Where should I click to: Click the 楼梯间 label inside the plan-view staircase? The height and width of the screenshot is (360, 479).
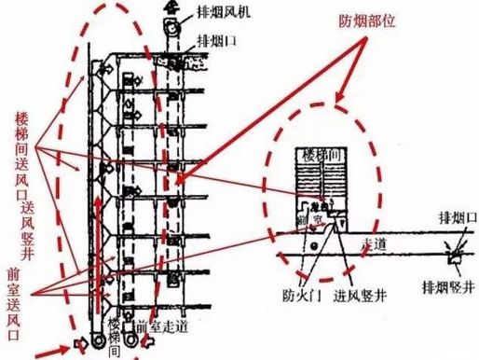320,157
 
